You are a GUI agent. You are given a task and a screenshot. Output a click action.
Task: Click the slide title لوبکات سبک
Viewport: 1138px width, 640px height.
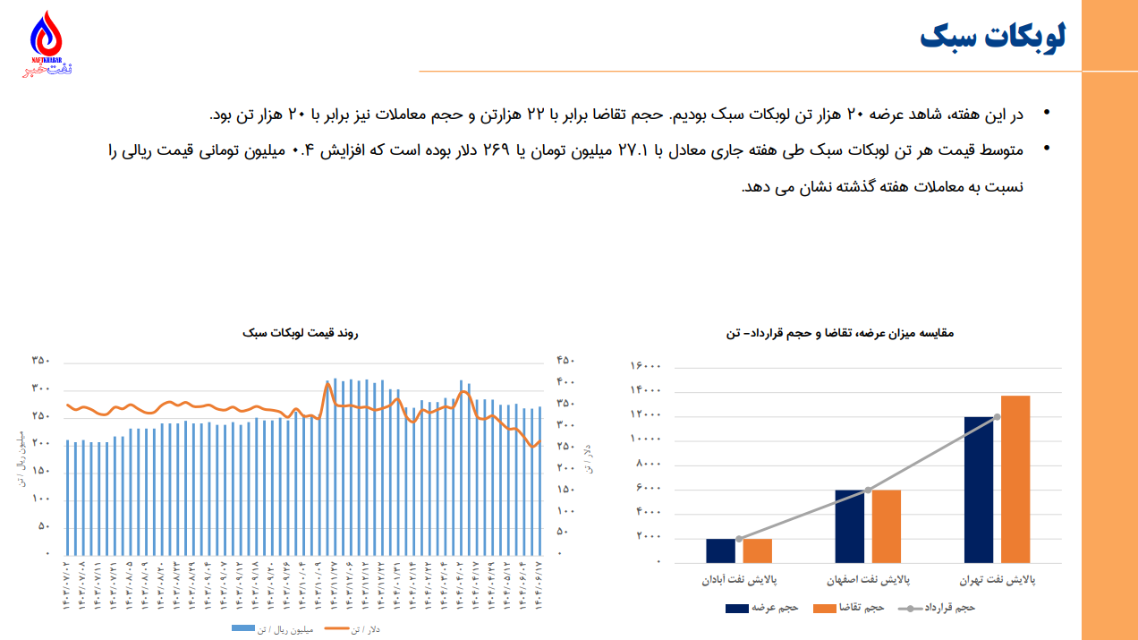coord(992,38)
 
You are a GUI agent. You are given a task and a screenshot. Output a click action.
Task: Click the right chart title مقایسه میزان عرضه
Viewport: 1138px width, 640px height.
coord(840,333)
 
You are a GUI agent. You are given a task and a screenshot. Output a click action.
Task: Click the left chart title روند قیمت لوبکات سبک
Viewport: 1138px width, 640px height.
coord(300,333)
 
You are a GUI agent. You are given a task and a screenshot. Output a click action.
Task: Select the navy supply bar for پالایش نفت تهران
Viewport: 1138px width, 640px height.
coord(979,490)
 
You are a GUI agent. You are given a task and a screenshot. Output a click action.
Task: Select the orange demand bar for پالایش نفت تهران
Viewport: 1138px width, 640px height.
coord(1015,479)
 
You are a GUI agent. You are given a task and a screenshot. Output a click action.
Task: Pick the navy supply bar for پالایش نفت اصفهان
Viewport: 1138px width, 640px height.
coord(850,526)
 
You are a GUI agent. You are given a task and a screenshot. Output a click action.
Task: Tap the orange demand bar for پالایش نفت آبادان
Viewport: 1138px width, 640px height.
coord(757,550)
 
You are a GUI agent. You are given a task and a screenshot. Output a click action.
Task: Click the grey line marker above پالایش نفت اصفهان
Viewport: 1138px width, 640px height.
coord(868,490)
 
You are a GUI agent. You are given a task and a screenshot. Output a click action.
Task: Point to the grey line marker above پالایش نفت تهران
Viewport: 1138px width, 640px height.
coord(998,417)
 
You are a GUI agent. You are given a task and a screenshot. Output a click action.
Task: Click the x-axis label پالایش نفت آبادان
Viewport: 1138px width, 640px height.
coord(739,580)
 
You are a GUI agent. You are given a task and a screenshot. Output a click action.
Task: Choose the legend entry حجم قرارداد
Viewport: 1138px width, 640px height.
coord(938,608)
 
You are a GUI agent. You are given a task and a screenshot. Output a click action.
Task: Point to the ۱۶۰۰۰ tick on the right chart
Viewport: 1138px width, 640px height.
coord(646,366)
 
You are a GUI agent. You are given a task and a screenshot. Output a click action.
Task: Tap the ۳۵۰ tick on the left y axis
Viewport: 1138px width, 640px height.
coord(40,361)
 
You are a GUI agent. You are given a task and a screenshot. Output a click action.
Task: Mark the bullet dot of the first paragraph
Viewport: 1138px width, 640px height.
coord(1046,113)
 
